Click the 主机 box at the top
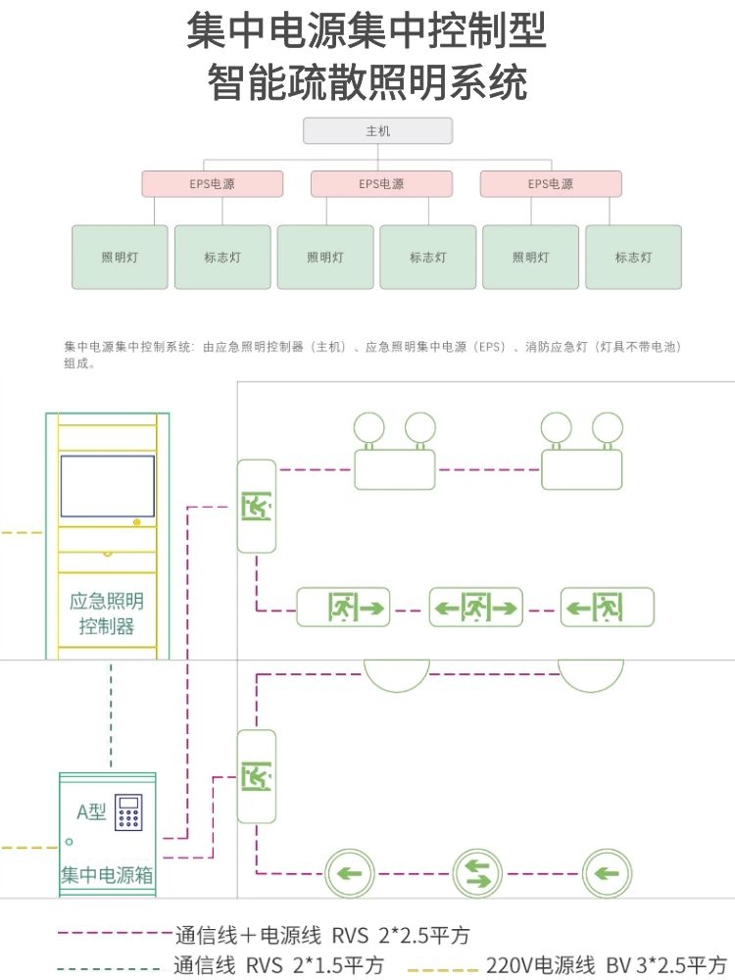(377, 130)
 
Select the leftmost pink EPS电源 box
(212, 183)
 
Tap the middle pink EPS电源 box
(381, 183)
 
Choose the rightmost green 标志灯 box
(633, 257)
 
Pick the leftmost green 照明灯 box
(120, 257)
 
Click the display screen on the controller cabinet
(108, 486)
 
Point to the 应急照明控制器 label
(107, 613)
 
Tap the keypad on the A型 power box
(129, 813)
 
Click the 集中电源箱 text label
(106, 873)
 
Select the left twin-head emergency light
(394, 454)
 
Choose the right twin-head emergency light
(581, 454)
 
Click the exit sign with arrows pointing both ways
(476, 608)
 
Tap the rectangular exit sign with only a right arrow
(343, 608)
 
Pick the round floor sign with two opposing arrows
(477, 872)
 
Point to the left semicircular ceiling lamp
(397, 675)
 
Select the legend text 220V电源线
(540, 965)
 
